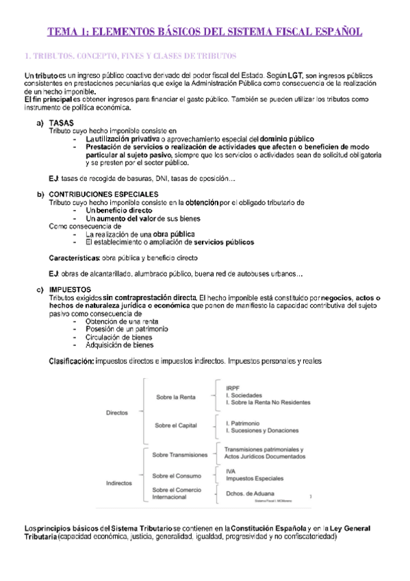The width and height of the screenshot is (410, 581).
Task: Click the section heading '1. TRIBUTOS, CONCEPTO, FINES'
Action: [x=130, y=55]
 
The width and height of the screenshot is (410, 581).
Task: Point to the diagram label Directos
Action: [x=117, y=412]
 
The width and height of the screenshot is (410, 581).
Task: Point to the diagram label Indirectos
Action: [x=119, y=482]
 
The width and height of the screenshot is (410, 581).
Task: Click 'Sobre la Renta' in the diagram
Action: [x=176, y=397]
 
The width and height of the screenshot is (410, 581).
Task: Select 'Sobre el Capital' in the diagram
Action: [x=176, y=425]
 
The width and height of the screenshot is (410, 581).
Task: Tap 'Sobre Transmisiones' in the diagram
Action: [x=179, y=454]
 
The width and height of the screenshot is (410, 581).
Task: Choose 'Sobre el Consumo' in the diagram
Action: [x=177, y=475]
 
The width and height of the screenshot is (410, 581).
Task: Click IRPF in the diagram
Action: [x=233, y=388]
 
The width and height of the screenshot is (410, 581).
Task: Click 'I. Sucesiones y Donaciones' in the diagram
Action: [x=262, y=431]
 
